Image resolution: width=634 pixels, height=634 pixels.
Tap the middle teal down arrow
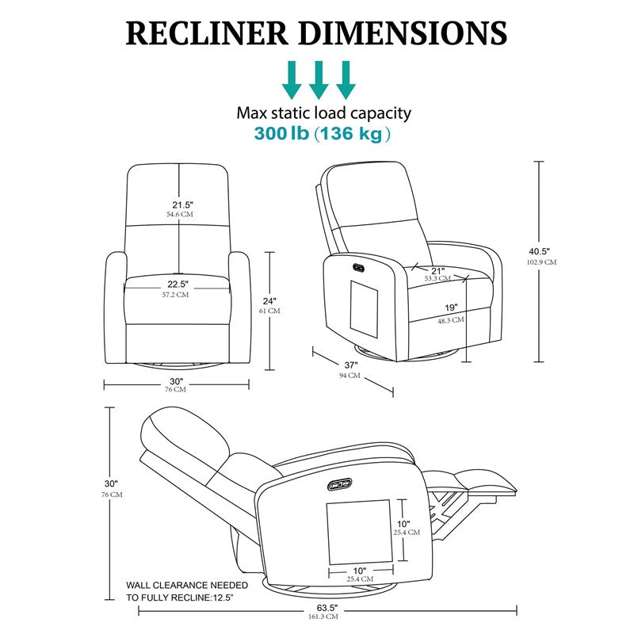click(319, 79)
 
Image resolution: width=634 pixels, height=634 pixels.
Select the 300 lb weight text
click(281, 133)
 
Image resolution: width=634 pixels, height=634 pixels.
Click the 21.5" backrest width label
click(180, 204)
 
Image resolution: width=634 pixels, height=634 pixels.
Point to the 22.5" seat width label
click(178, 285)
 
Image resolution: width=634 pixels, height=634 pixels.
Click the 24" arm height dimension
click(269, 301)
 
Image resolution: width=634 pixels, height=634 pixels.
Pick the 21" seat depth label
click(437, 269)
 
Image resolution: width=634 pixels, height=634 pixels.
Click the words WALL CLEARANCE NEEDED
click(186, 585)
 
